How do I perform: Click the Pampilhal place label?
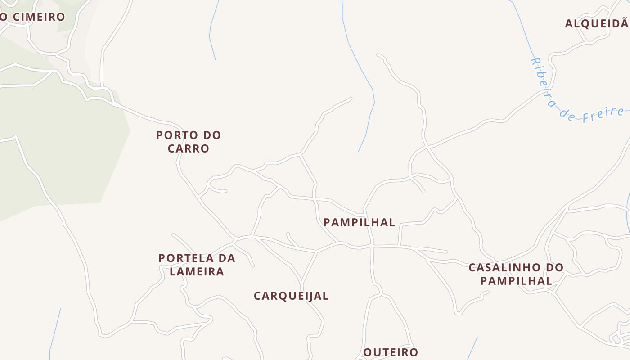click(359, 222)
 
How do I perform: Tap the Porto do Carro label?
click(189, 141)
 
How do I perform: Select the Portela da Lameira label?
click(197, 265)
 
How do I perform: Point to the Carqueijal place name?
click(291, 296)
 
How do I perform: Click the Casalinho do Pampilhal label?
click(516, 274)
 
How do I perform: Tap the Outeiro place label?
click(391, 352)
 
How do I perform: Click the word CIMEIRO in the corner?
click(39, 17)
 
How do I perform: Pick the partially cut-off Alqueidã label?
click(597, 23)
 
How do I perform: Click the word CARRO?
click(189, 148)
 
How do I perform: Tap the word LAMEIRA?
click(197, 271)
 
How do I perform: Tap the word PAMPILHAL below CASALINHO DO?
click(516, 280)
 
